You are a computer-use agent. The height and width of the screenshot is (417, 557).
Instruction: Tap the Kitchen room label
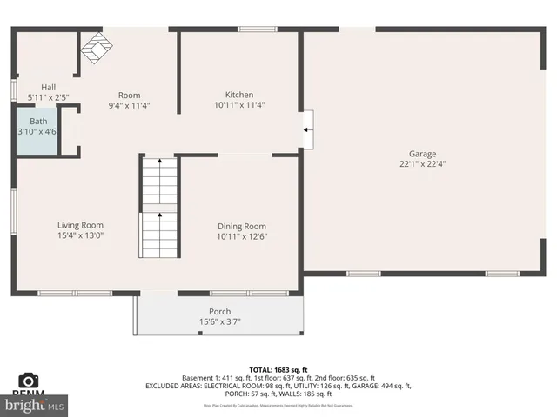coord(239,95)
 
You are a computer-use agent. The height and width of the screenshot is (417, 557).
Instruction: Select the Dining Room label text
coord(241,226)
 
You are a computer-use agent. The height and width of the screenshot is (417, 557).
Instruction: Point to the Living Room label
coord(80,225)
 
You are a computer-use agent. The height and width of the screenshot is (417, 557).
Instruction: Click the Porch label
coord(219,312)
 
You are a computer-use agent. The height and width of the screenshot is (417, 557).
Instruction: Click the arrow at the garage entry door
coord(306,130)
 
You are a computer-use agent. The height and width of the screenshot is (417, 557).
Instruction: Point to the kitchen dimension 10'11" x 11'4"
coord(239,105)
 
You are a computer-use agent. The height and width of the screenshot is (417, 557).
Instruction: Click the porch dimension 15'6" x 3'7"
coord(219,322)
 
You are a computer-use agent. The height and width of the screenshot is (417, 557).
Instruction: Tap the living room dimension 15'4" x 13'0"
coord(80,235)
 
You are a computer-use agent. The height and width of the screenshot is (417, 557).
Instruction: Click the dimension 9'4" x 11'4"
coord(129,105)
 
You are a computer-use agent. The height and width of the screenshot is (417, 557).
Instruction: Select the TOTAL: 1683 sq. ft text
coord(278,368)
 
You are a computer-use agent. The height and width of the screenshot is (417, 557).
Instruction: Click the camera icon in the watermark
coord(28,381)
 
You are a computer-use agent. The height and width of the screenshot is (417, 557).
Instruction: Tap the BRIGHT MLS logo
coord(35,404)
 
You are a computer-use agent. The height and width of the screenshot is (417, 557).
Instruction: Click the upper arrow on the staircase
coord(159,162)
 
